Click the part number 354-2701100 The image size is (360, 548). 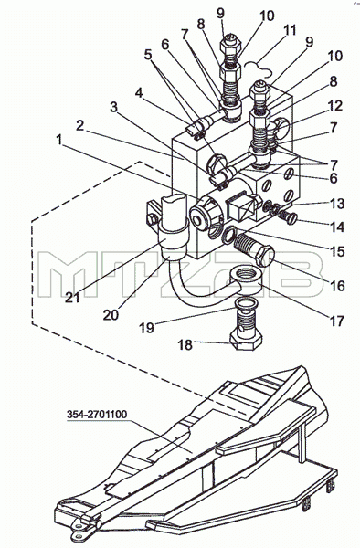point(97,415)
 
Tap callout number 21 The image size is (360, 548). point(73,298)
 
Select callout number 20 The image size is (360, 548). point(111,315)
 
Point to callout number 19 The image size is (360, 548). point(147,328)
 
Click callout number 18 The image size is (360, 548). point(185,344)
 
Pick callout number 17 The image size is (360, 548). point(337,321)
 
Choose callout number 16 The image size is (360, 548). point(337,286)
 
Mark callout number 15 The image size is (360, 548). point(337,251)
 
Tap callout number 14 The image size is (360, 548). point(337,227)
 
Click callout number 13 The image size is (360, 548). point(337,203)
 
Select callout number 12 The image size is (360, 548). point(334,105)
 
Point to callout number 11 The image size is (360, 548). point(289,30)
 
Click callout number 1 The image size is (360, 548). point(59,140)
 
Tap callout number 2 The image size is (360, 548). point(80,125)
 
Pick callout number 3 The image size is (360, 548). point(114,107)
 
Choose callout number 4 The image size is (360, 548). point(139,93)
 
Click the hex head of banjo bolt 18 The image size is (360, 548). point(246,341)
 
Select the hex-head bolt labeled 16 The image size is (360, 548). point(255,251)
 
